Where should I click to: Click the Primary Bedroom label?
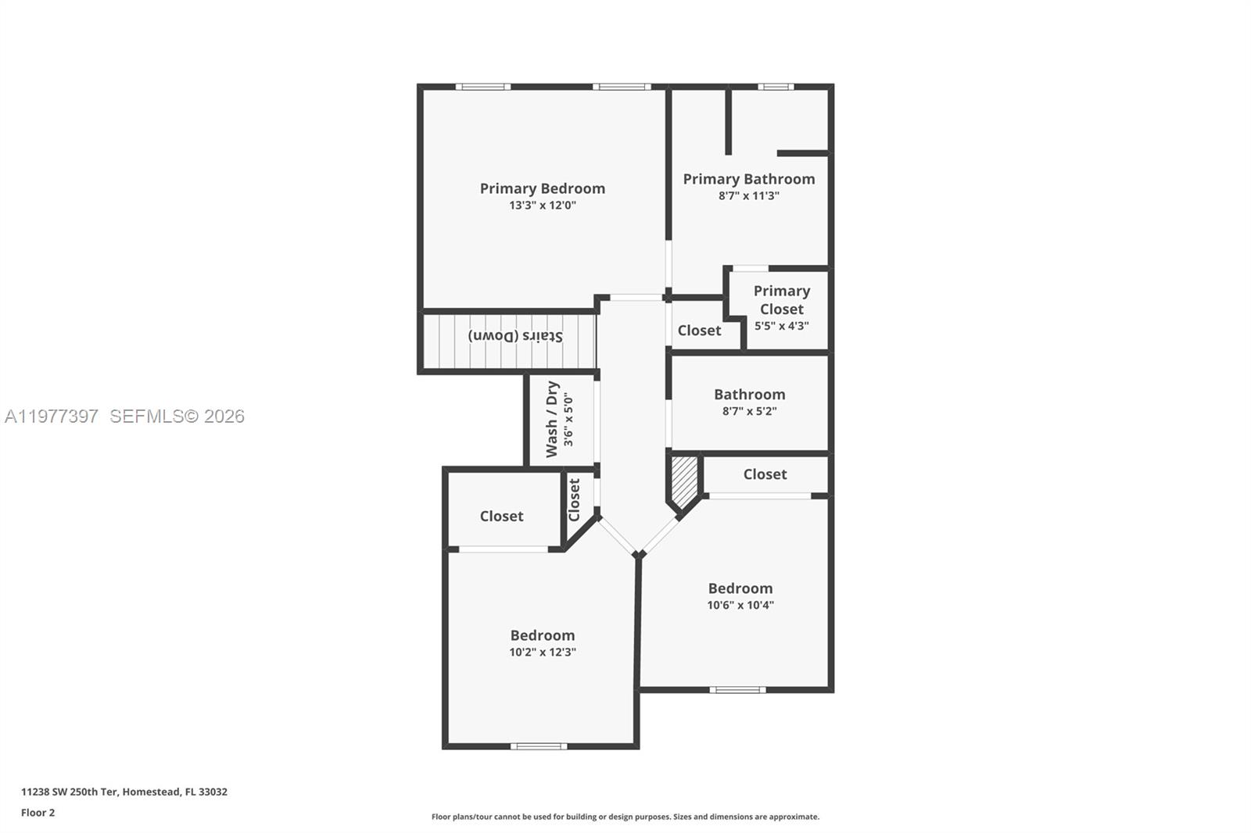coord(542,188)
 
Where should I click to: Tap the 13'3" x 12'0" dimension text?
coord(542,206)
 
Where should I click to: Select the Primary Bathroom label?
coord(748,179)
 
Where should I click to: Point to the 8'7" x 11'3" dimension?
coord(748,196)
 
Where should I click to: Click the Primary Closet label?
coord(781,299)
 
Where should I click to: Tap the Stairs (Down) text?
coord(515,336)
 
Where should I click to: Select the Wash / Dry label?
coord(552,419)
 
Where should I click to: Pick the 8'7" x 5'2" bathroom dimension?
coord(749,411)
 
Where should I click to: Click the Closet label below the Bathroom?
coord(765,474)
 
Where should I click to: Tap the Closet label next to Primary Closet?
coord(699,331)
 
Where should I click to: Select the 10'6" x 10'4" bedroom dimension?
coord(740,605)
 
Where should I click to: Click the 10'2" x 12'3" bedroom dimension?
coord(542,652)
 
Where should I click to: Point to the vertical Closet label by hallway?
coord(575,499)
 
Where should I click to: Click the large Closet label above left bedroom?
coord(501,516)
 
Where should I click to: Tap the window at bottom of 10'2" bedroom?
coord(539,746)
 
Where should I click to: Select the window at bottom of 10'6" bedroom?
coord(737,689)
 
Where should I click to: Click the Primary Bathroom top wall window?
coord(775,87)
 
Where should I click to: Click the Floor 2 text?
coord(38,813)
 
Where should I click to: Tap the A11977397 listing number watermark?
coord(52,416)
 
